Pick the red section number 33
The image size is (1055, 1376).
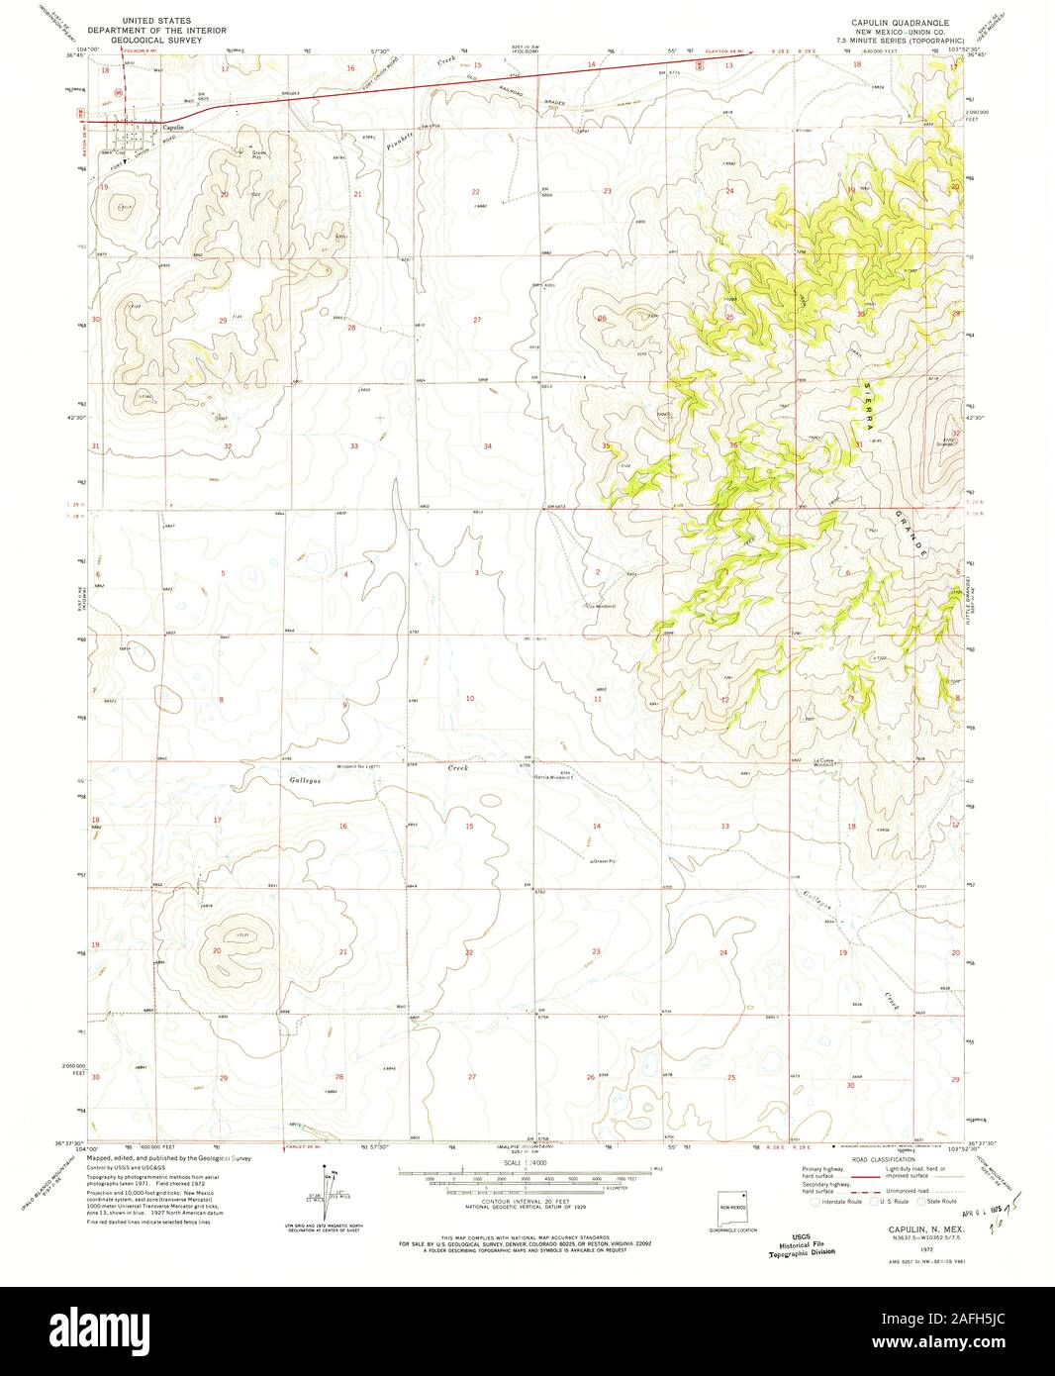coord(353,446)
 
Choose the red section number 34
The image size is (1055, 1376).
coord(487,446)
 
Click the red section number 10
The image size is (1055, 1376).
coord(470,699)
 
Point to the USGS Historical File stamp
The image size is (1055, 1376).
coord(802,1244)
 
